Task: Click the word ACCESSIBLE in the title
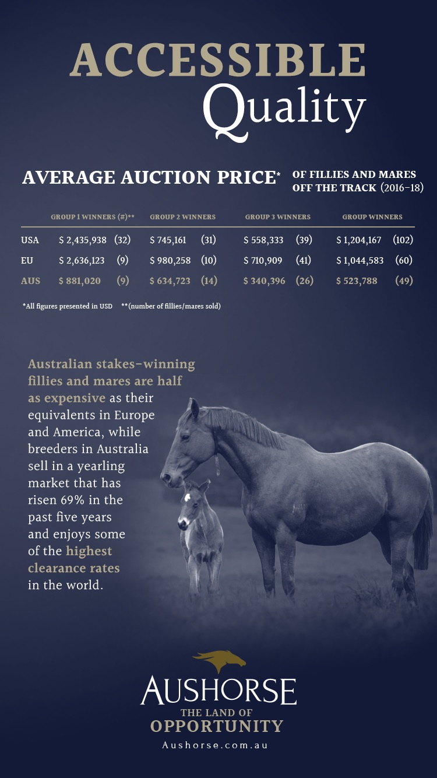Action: point(218,60)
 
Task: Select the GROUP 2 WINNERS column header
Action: point(182,217)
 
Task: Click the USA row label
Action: point(30,240)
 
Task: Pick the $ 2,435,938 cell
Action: point(83,240)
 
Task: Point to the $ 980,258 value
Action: point(170,261)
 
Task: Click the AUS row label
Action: point(31,281)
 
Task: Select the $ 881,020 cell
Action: point(80,281)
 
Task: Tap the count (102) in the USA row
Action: point(403,240)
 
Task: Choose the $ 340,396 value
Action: point(265,281)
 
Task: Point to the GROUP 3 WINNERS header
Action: point(277,217)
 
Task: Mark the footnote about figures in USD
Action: point(67,306)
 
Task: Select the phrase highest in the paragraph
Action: point(89,551)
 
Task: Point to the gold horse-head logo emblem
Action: point(220,661)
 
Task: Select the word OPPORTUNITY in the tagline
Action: point(217,726)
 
